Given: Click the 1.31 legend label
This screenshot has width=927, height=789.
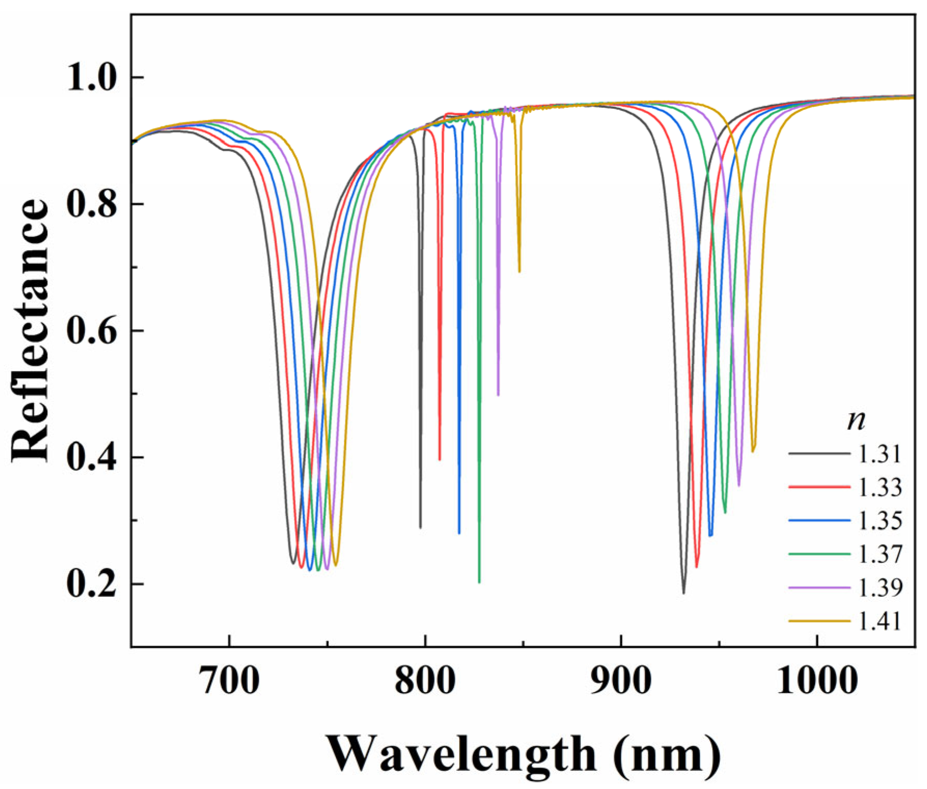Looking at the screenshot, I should click(x=880, y=454).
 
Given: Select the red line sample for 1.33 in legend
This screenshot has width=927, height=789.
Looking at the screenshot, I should click(x=819, y=487).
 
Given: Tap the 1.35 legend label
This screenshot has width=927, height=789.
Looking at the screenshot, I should click(x=880, y=520).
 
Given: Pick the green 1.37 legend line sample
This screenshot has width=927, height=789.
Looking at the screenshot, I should click(x=819, y=554).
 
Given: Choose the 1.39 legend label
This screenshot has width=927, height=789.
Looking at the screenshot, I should click(x=880, y=587).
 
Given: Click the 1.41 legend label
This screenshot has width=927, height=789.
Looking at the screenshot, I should click(x=880, y=621).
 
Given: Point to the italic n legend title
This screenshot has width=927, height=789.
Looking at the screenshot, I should click(x=856, y=420).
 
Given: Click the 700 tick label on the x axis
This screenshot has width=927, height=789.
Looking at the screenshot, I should click(x=229, y=681).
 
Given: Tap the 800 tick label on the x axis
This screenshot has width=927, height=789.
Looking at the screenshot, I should click(x=425, y=681).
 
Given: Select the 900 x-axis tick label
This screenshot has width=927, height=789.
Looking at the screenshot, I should click(x=621, y=681).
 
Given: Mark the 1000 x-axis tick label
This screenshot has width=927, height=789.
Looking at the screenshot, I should click(x=817, y=681).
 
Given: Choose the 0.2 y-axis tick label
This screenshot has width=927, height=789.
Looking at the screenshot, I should click(x=90, y=584).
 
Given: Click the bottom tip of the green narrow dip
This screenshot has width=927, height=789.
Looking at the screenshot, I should click(x=479, y=582).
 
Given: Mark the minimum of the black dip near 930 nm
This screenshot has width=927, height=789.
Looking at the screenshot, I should click(x=684, y=593).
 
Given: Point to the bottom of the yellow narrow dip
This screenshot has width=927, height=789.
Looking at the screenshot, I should click(x=519, y=271).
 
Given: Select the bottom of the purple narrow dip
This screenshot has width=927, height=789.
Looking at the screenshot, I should click(x=498, y=395).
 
